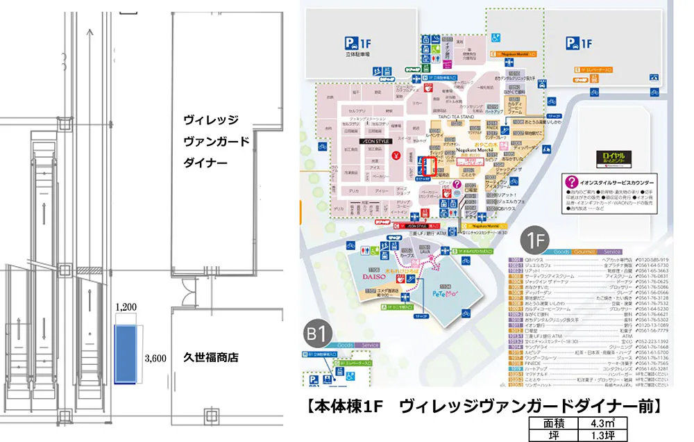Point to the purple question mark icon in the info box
point(572,183)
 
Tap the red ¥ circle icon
point(398,154)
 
